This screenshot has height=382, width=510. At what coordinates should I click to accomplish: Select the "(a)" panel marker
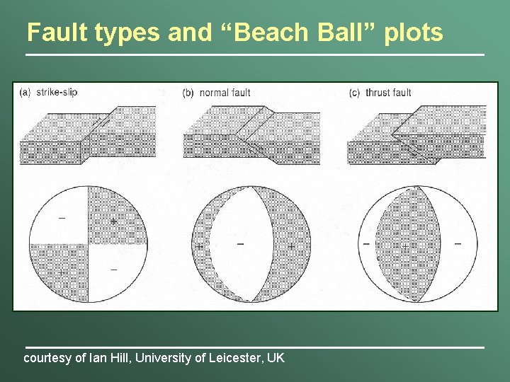pos(25,92)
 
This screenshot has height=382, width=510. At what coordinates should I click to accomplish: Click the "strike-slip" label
pos(57,92)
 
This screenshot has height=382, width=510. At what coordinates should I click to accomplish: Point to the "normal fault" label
pos(225,93)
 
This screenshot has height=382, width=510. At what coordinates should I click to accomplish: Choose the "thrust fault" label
pos(388,93)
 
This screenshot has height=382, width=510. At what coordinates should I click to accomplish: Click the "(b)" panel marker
pos(188,93)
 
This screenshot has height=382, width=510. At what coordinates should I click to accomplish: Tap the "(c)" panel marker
pos(355,93)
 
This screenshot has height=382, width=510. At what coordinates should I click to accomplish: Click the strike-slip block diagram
pos(87,134)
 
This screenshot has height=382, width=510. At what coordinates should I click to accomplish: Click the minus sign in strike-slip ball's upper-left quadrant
pos(62,218)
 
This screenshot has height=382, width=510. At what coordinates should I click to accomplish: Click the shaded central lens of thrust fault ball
pos(407,244)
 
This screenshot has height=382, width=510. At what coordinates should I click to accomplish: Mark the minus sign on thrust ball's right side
pos(458,244)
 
